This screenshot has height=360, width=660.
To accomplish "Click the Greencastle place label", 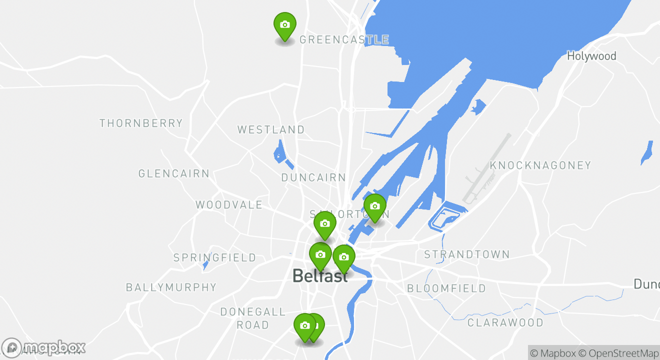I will click(x=344, y=39).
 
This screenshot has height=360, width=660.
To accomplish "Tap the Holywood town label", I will click(x=591, y=56).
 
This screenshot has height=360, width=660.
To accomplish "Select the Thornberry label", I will click(x=141, y=123).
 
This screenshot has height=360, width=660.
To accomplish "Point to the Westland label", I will click(x=271, y=129).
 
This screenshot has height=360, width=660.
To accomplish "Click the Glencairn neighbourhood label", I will click(x=174, y=174).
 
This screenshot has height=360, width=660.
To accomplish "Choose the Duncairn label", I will click(x=313, y=177).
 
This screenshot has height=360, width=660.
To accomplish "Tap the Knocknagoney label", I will click(x=540, y=165).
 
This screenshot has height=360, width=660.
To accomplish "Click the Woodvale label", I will click(x=229, y=204).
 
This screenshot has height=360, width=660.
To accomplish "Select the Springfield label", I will click(x=214, y=258).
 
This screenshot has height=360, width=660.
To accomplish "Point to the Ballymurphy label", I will click(x=171, y=287).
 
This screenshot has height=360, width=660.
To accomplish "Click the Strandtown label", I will click(x=467, y=254).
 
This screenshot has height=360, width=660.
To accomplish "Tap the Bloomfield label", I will click(x=446, y=288).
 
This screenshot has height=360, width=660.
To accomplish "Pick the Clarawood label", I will click(x=505, y=322).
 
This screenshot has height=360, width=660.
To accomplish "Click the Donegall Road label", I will click(x=253, y=318).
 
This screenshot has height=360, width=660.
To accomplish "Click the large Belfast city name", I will click(x=320, y=276).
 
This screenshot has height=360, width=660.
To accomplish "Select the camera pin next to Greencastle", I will click(x=285, y=24).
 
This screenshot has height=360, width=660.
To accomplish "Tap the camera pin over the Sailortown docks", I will click(x=375, y=206).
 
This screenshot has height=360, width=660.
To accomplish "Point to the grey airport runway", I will click(x=487, y=168).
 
